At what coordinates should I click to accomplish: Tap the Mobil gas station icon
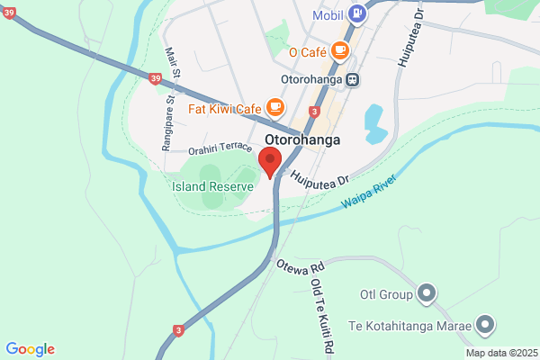click(x=357, y=13)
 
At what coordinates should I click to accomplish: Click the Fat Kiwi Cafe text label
click(x=224, y=110)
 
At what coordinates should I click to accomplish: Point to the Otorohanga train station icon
click(x=355, y=79)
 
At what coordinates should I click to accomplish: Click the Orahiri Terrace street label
click(x=220, y=148)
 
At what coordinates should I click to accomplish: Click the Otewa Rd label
click(x=300, y=267)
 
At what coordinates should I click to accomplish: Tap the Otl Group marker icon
click(x=427, y=293)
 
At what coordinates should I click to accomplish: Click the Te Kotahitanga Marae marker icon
click(x=486, y=323)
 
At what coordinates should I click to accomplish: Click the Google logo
click(x=30, y=349)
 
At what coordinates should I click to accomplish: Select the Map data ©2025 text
click(x=500, y=353)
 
